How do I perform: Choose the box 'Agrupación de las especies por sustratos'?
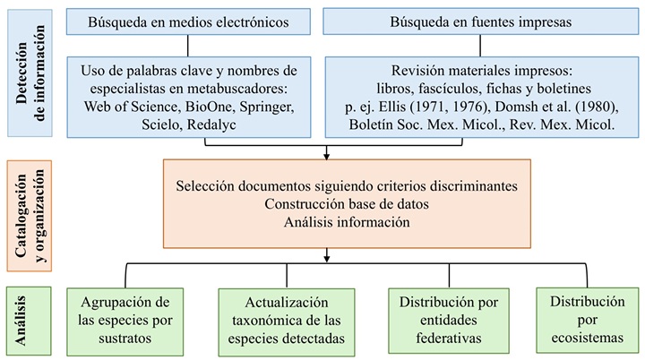(125, 320)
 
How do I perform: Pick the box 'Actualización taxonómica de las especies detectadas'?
(276, 320)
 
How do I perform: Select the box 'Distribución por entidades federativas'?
(448, 320)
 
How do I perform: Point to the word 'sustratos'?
(125, 339)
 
